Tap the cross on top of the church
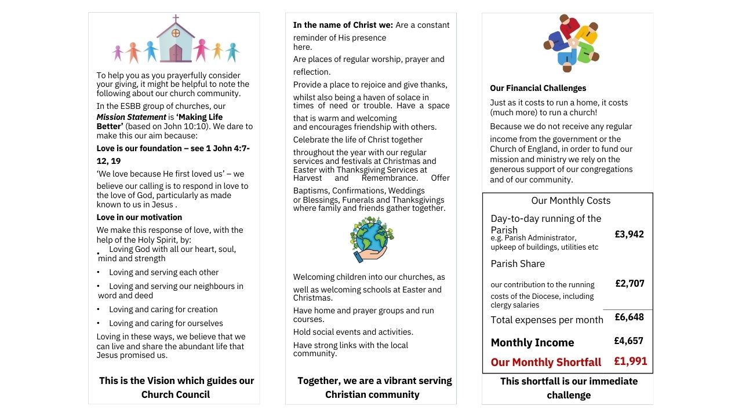tap(176, 19)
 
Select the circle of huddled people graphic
tap(572, 43)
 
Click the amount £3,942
tap(630, 234)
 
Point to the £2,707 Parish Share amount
tap(630, 283)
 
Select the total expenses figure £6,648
tap(629, 317)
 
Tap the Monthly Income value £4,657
tap(629, 341)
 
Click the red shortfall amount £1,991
tap(631, 361)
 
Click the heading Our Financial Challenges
tap(538, 88)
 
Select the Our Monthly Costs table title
tap(571, 200)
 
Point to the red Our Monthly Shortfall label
tap(546, 362)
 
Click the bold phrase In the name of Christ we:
tap(343, 25)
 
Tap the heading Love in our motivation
tap(139, 217)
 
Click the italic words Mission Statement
tap(131, 117)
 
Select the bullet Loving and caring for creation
tap(163, 309)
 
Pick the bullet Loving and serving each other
tap(163, 272)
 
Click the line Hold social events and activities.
tap(353, 332)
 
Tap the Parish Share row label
tap(518, 264)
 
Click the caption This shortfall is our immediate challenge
tap(569, 388)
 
